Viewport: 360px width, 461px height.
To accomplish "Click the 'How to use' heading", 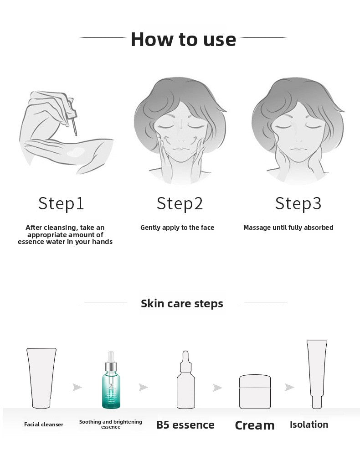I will coord(183,39).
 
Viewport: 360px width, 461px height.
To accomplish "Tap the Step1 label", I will coord(62,203).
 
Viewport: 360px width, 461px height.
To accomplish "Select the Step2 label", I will coord(180,203).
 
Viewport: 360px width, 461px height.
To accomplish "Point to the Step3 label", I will coord(298,203).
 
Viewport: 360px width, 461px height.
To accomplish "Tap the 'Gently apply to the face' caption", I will coord(177,228).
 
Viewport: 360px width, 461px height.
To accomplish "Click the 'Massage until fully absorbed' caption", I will coord(288,228).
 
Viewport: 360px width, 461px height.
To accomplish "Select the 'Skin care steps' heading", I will coord(182,304).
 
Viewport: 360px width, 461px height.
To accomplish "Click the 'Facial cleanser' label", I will coord(44,425).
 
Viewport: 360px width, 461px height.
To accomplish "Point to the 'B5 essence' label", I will coord(185,425).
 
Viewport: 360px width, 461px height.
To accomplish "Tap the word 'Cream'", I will coord(255,425).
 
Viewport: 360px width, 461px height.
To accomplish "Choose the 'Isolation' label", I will coord(309,425).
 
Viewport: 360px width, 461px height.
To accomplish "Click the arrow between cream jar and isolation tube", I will coord(289,388).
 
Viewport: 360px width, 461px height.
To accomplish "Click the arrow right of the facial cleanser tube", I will coord(77,388).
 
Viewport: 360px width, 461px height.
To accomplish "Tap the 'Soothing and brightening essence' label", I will coord(111,425).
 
